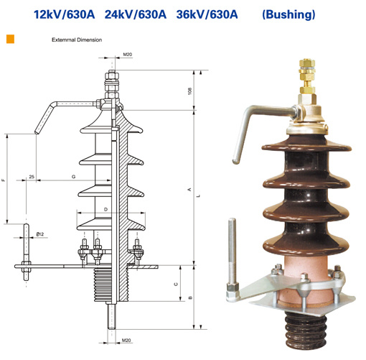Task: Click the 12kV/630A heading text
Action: [x=64, y=14]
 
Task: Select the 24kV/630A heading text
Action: [x=136, y=14]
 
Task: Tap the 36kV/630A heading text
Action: [x=207, y=14]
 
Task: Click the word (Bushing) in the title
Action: [x=288, y=14]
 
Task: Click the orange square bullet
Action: [x=10, y=39]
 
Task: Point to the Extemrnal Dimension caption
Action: [x=77, y=40]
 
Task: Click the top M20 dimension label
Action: [x=128, y=55]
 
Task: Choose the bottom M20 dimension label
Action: [x=126, y=340]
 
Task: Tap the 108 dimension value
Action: [x=190, y=91]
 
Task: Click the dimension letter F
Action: [x=4, y=180]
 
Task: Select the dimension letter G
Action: [x=74, y=177]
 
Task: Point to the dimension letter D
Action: [x=106, y=209]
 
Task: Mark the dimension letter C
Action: [x=176, y=285]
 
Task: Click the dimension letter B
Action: [x=190, y=297]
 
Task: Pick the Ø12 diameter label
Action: [x=40, y=234]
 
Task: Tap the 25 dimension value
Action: [x=32, y=177]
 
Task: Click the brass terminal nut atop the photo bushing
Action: [x=307, y=76]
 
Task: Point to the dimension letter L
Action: [x=198, y=195]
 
